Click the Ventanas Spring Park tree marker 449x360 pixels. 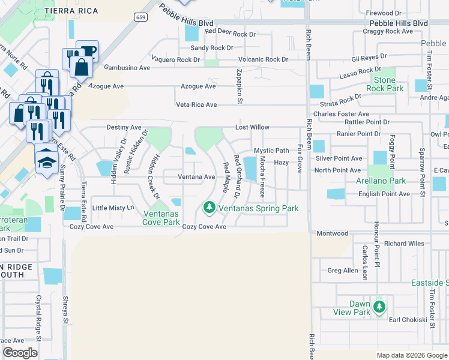(209, 208)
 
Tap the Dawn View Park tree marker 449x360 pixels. (379, 307)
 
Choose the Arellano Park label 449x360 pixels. (381, 181)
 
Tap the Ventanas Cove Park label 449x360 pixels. (161, 218)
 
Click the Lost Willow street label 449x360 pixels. (252, 128)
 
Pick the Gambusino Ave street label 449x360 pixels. (127, 68)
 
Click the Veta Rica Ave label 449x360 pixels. (196, 105)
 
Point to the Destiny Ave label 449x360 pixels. (124, 128)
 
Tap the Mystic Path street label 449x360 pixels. (271, 151)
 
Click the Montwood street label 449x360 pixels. (332, 233)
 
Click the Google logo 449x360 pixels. (20, 353)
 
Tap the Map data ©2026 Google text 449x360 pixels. (411, 355)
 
